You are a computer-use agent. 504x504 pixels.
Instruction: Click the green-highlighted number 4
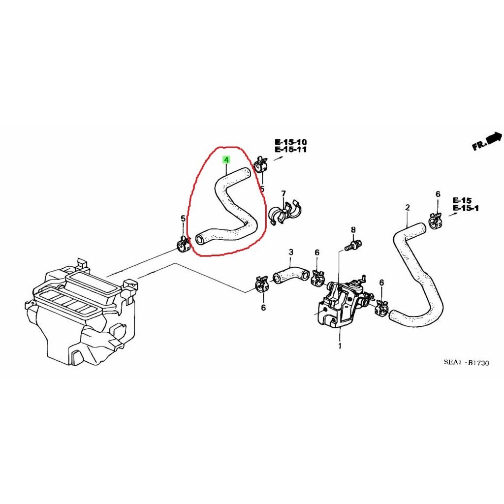226,159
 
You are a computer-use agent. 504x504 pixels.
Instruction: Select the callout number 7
283,194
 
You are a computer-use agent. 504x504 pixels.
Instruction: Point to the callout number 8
353,230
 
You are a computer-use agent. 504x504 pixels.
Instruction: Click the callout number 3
291,252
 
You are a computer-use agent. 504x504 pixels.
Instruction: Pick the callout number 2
408,207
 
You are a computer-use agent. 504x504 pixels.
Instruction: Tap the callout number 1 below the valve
340,346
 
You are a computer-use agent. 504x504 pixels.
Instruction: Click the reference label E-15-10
290,142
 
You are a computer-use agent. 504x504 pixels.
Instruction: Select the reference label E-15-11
290,150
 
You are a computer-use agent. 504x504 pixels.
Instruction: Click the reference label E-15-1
466,208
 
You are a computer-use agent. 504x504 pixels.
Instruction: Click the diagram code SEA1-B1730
467,363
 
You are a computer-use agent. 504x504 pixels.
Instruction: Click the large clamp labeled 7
285,212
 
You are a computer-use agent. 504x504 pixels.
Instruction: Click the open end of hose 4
200,240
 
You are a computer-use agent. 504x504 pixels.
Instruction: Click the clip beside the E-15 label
436,221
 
